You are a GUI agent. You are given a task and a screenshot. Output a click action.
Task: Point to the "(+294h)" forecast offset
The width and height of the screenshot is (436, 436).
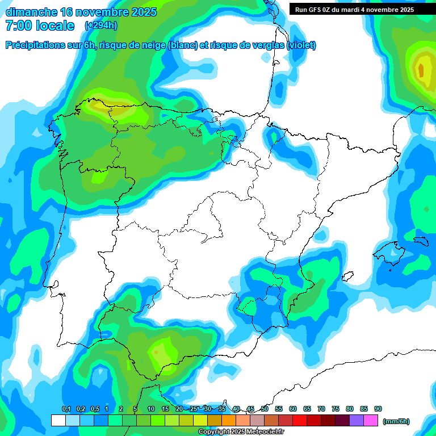pyautogui.click(x=100, y=26)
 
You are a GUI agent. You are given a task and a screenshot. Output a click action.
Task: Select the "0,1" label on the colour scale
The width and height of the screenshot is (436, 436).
pyautogui.click(x=66, y=409)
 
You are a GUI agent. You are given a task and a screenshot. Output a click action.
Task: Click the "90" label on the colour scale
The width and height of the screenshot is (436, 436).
pyautogui.click(x=378, y=409)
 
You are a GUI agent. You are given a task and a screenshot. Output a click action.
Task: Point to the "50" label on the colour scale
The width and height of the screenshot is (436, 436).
pyautogui.click(x=265, y=409)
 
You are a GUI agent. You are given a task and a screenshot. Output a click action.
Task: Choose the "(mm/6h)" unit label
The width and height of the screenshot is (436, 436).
pyautogui.click(x=396, y=421)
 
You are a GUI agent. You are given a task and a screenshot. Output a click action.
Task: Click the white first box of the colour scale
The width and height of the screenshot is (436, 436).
pyautogui.click(x=58, y=421)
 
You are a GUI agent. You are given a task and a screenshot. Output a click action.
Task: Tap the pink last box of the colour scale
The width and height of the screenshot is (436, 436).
pyautogui.click(x=371, y=421)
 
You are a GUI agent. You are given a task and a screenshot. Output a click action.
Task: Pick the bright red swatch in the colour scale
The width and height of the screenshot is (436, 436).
pyautogui.click(x=300, y=421)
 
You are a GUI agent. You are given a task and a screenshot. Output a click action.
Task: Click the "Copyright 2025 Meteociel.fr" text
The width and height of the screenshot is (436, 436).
pyautogui.click(x=241, y=432)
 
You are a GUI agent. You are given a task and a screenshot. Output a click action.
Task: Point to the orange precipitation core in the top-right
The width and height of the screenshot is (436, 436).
pyautogui.click(x=421, y=70)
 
